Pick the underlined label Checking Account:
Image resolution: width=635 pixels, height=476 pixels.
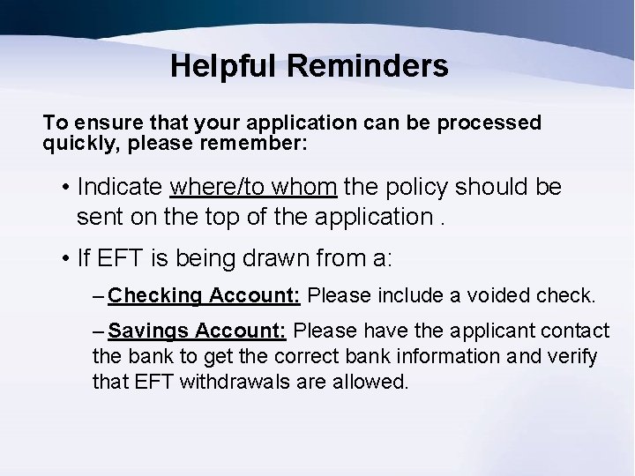pos(206,295)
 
